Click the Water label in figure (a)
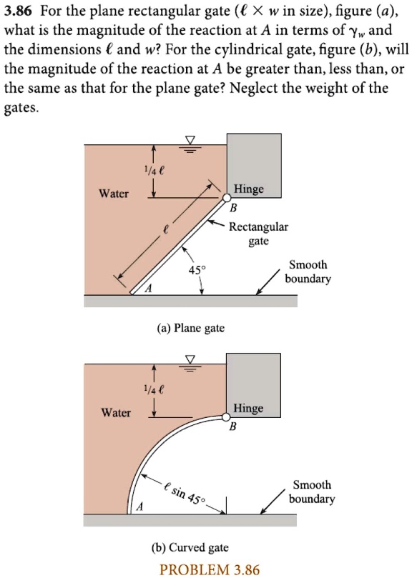pyautogui.click(x=113, y=194)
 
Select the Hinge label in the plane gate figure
pyautogui.click(x=248, y=189)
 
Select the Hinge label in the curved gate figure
pyautogui.click(x=248, y=408)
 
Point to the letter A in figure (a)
pyautogui.click(x=149, y=289)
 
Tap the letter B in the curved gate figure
pyautogui.click(x=232, y=427)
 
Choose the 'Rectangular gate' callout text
pyautogui.click(x=258, y=234)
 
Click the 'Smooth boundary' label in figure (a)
pyautogui.click(x=308, y=271)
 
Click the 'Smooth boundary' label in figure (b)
pyautogui.click(x=312, y=492)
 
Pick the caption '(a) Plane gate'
pyautogui.click(x=190, y=328)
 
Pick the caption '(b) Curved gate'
pyautogui.click(x=190, y=547)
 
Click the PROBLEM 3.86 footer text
pyautogui.click(x=210, y=569)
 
